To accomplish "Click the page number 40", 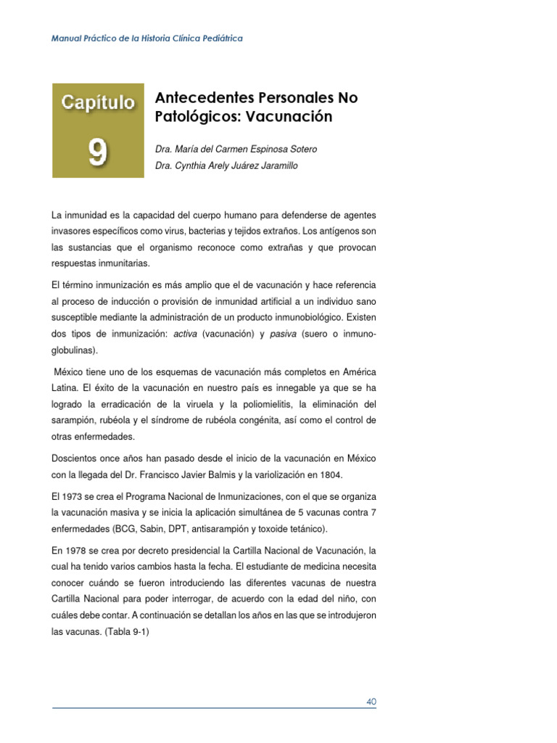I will pos(371,702).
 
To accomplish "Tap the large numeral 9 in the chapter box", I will pos(98,152).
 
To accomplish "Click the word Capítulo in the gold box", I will pos(98,103).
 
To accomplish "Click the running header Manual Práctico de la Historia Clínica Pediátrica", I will pos(147,38).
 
